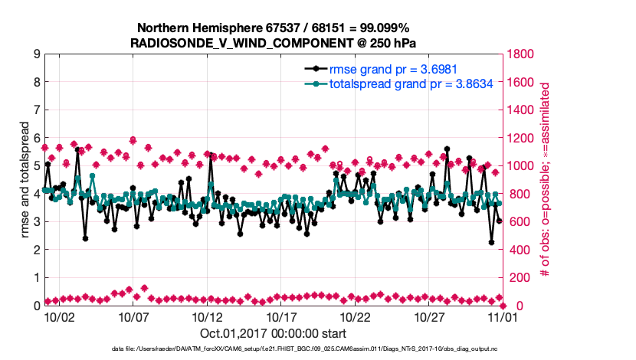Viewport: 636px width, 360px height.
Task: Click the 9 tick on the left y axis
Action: (36, 54)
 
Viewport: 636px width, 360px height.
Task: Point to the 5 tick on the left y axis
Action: (36, 166)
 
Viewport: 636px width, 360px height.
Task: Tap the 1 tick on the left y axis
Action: (36, 278)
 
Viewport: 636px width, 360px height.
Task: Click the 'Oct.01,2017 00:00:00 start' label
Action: (273, 333)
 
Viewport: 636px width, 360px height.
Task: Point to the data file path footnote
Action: (317, 349)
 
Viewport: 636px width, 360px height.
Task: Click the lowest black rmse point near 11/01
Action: (491, 243)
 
